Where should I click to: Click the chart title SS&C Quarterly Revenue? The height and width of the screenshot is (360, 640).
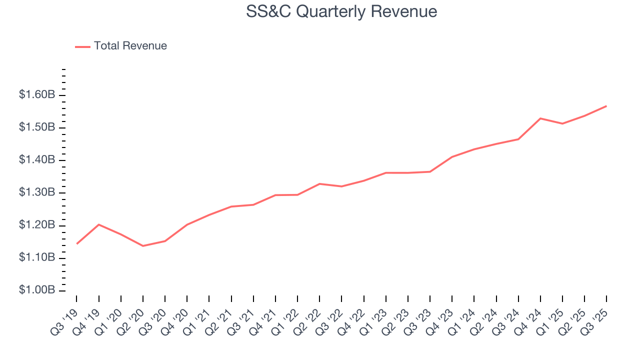click(341, 11)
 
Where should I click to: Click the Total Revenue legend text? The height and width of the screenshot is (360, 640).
click(130, 46)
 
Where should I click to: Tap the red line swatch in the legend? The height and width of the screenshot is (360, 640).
click(82, 46)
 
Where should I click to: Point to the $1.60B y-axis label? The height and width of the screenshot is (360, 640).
click(36, 95)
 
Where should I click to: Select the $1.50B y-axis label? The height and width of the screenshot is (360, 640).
click(36, 127)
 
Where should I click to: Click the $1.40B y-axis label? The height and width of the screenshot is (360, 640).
click(36, 160)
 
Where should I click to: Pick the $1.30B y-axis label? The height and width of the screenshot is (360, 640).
click(36, 193)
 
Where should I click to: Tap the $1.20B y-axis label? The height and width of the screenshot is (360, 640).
click(36, 225)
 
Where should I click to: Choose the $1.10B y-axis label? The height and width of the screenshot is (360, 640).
click(36, 258)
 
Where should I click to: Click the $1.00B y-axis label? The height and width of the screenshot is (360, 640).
click(36, 290)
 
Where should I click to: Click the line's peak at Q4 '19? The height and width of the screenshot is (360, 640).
click(99, 224)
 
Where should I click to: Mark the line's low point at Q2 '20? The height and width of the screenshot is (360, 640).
click(143, 246)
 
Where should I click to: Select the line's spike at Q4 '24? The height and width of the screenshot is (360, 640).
click(540, 118)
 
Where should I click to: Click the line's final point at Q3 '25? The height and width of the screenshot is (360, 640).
click(606, 106)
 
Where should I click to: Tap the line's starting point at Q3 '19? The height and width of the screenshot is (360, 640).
click(76, 243)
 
